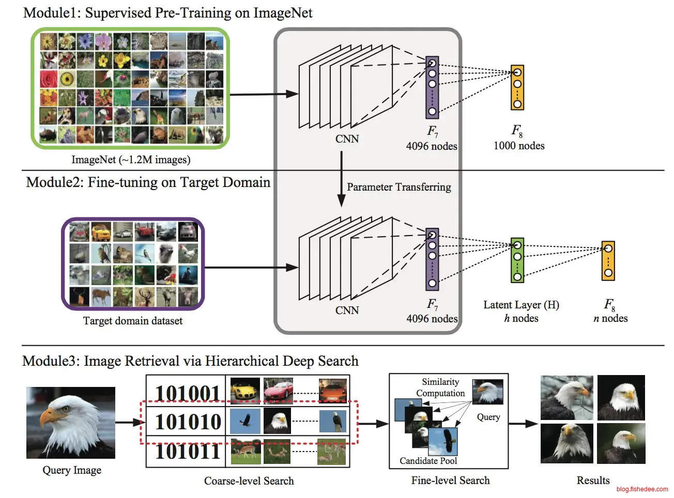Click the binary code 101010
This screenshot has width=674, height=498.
[x=188, y=422]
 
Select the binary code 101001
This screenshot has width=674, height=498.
[x=188, y=394]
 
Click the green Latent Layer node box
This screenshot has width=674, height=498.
[x=517, y=260]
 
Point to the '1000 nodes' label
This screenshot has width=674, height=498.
[x=519, y=146]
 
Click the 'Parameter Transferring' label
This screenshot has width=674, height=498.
[x=399, y=187]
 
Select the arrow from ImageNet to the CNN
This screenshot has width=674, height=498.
[x=264, y=95]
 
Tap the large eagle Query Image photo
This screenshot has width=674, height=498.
[x=71, y=423]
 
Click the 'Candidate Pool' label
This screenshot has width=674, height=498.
[x=428, y=461]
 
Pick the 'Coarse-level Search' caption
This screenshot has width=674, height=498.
[x=249, y=481]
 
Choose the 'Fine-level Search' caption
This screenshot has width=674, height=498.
[x=450, y=480]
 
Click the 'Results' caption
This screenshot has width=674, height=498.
[x=593, y=480]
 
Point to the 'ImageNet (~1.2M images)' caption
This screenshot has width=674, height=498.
[x=131, y=160]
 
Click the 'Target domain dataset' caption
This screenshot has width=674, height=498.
[x=133, y=321]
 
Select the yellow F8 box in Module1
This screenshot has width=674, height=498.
[x=517, y=87]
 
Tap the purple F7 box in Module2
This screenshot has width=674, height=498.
[x=432, y=259]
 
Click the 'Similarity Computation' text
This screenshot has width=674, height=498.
[x=440, y=387]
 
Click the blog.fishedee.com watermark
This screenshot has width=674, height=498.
[x=642, y=489]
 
